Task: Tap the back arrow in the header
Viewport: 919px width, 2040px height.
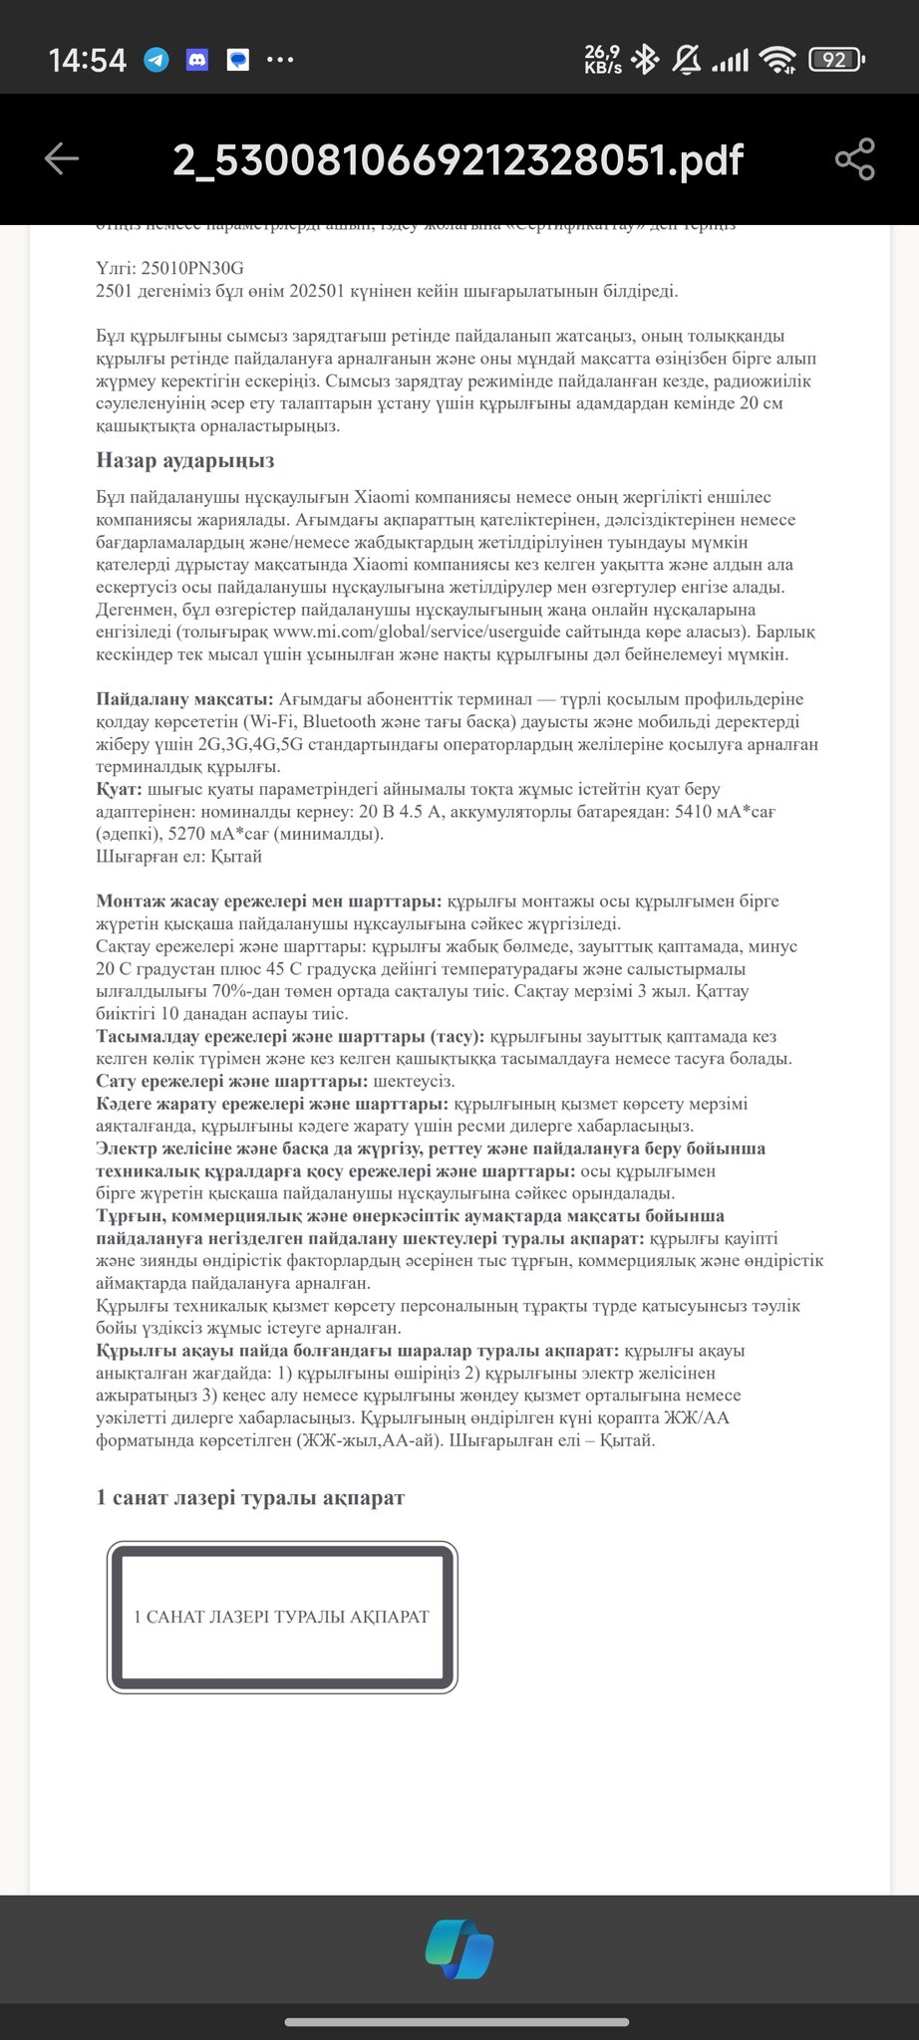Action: (62, 159)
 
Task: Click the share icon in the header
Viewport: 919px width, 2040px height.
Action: (854, 159)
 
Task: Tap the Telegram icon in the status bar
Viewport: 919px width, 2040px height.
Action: (156, 61)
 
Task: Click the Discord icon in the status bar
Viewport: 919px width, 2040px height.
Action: (196, 61)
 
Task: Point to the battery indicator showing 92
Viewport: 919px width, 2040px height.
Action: (835, 61)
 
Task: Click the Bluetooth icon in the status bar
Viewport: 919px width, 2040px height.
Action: (646, 61)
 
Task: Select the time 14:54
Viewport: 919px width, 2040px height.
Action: (88, 61)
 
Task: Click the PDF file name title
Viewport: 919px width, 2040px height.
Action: (458, 159)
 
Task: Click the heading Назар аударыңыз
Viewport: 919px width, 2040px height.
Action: (185, 460)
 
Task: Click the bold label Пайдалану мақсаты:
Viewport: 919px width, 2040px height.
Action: (184, 699)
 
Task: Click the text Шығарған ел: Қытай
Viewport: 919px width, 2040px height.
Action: (179, 857)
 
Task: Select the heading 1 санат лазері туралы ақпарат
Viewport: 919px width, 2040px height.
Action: (250, 1497)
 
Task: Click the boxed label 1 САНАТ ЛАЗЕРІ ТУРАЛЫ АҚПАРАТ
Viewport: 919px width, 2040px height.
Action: (282, 1616)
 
